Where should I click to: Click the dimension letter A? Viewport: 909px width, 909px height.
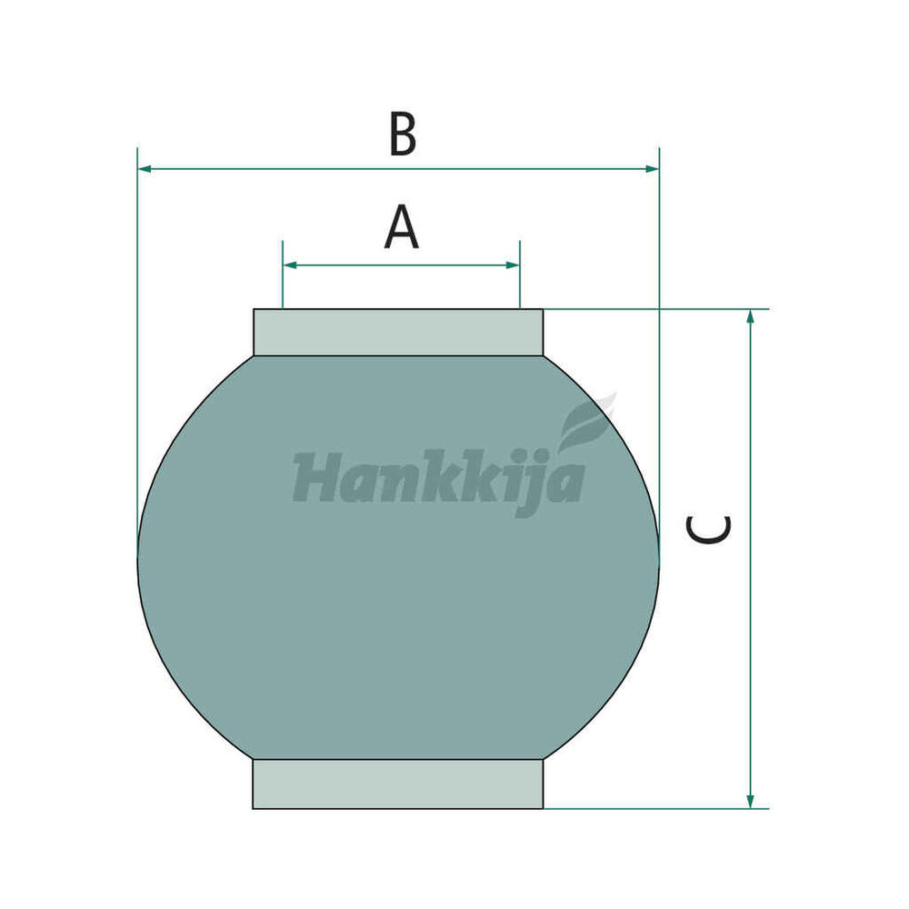tap(401, 228)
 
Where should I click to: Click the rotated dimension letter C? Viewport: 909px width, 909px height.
tap(708, 530)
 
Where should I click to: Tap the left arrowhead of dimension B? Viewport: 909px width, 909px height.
tap(145, 169)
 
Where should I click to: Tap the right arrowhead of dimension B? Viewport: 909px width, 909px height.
tap(652, 169)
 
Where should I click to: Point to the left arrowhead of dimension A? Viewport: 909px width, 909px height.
tap(290, 265)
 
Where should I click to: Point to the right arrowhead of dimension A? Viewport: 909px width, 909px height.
tap(513, 265)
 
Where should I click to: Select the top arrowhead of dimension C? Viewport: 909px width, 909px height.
tap(750, 316)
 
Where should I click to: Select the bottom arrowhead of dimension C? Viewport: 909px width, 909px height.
tap(750, 801)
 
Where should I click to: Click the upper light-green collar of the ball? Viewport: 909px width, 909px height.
tap(398, 332)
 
